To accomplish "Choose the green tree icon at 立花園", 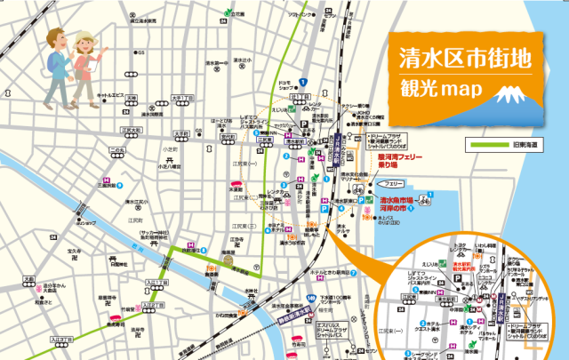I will coord(227,14).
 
